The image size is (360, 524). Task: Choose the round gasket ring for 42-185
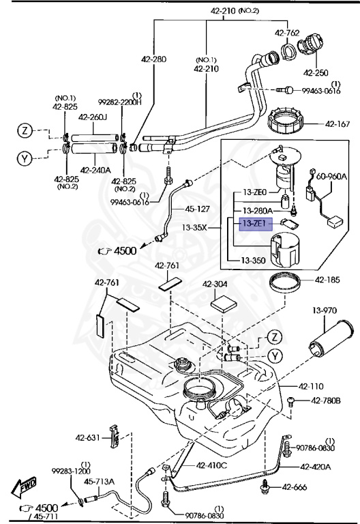pyautogui.click(x=287, y=281)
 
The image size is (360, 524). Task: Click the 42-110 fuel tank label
pyautogui.click(x=313, y=385)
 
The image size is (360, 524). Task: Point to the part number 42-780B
pyautogui.click(x=325, y=401)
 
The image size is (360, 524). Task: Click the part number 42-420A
pyautogui.click(x=315, y=467)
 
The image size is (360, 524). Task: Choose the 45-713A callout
pyautogui.click(x=100, y=481)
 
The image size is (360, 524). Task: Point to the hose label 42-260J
pyautogui.click(x=93, y=117)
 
